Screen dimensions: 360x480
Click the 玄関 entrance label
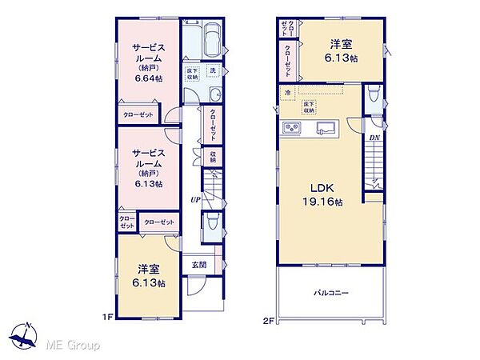[198, 263]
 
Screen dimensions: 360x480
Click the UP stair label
[194, 199]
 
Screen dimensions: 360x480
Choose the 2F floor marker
[269, 321]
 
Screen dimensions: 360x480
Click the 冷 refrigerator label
[286, 94]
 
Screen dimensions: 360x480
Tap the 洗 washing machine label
[213, 71]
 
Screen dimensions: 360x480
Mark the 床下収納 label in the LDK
[307, 108]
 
